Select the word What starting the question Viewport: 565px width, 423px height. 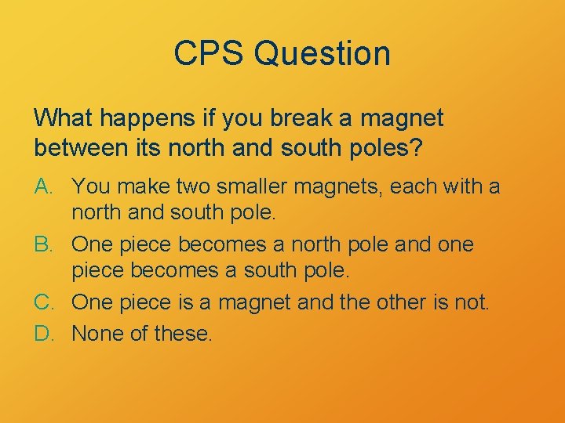(60, 119)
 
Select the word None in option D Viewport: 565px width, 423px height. (95, 334)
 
